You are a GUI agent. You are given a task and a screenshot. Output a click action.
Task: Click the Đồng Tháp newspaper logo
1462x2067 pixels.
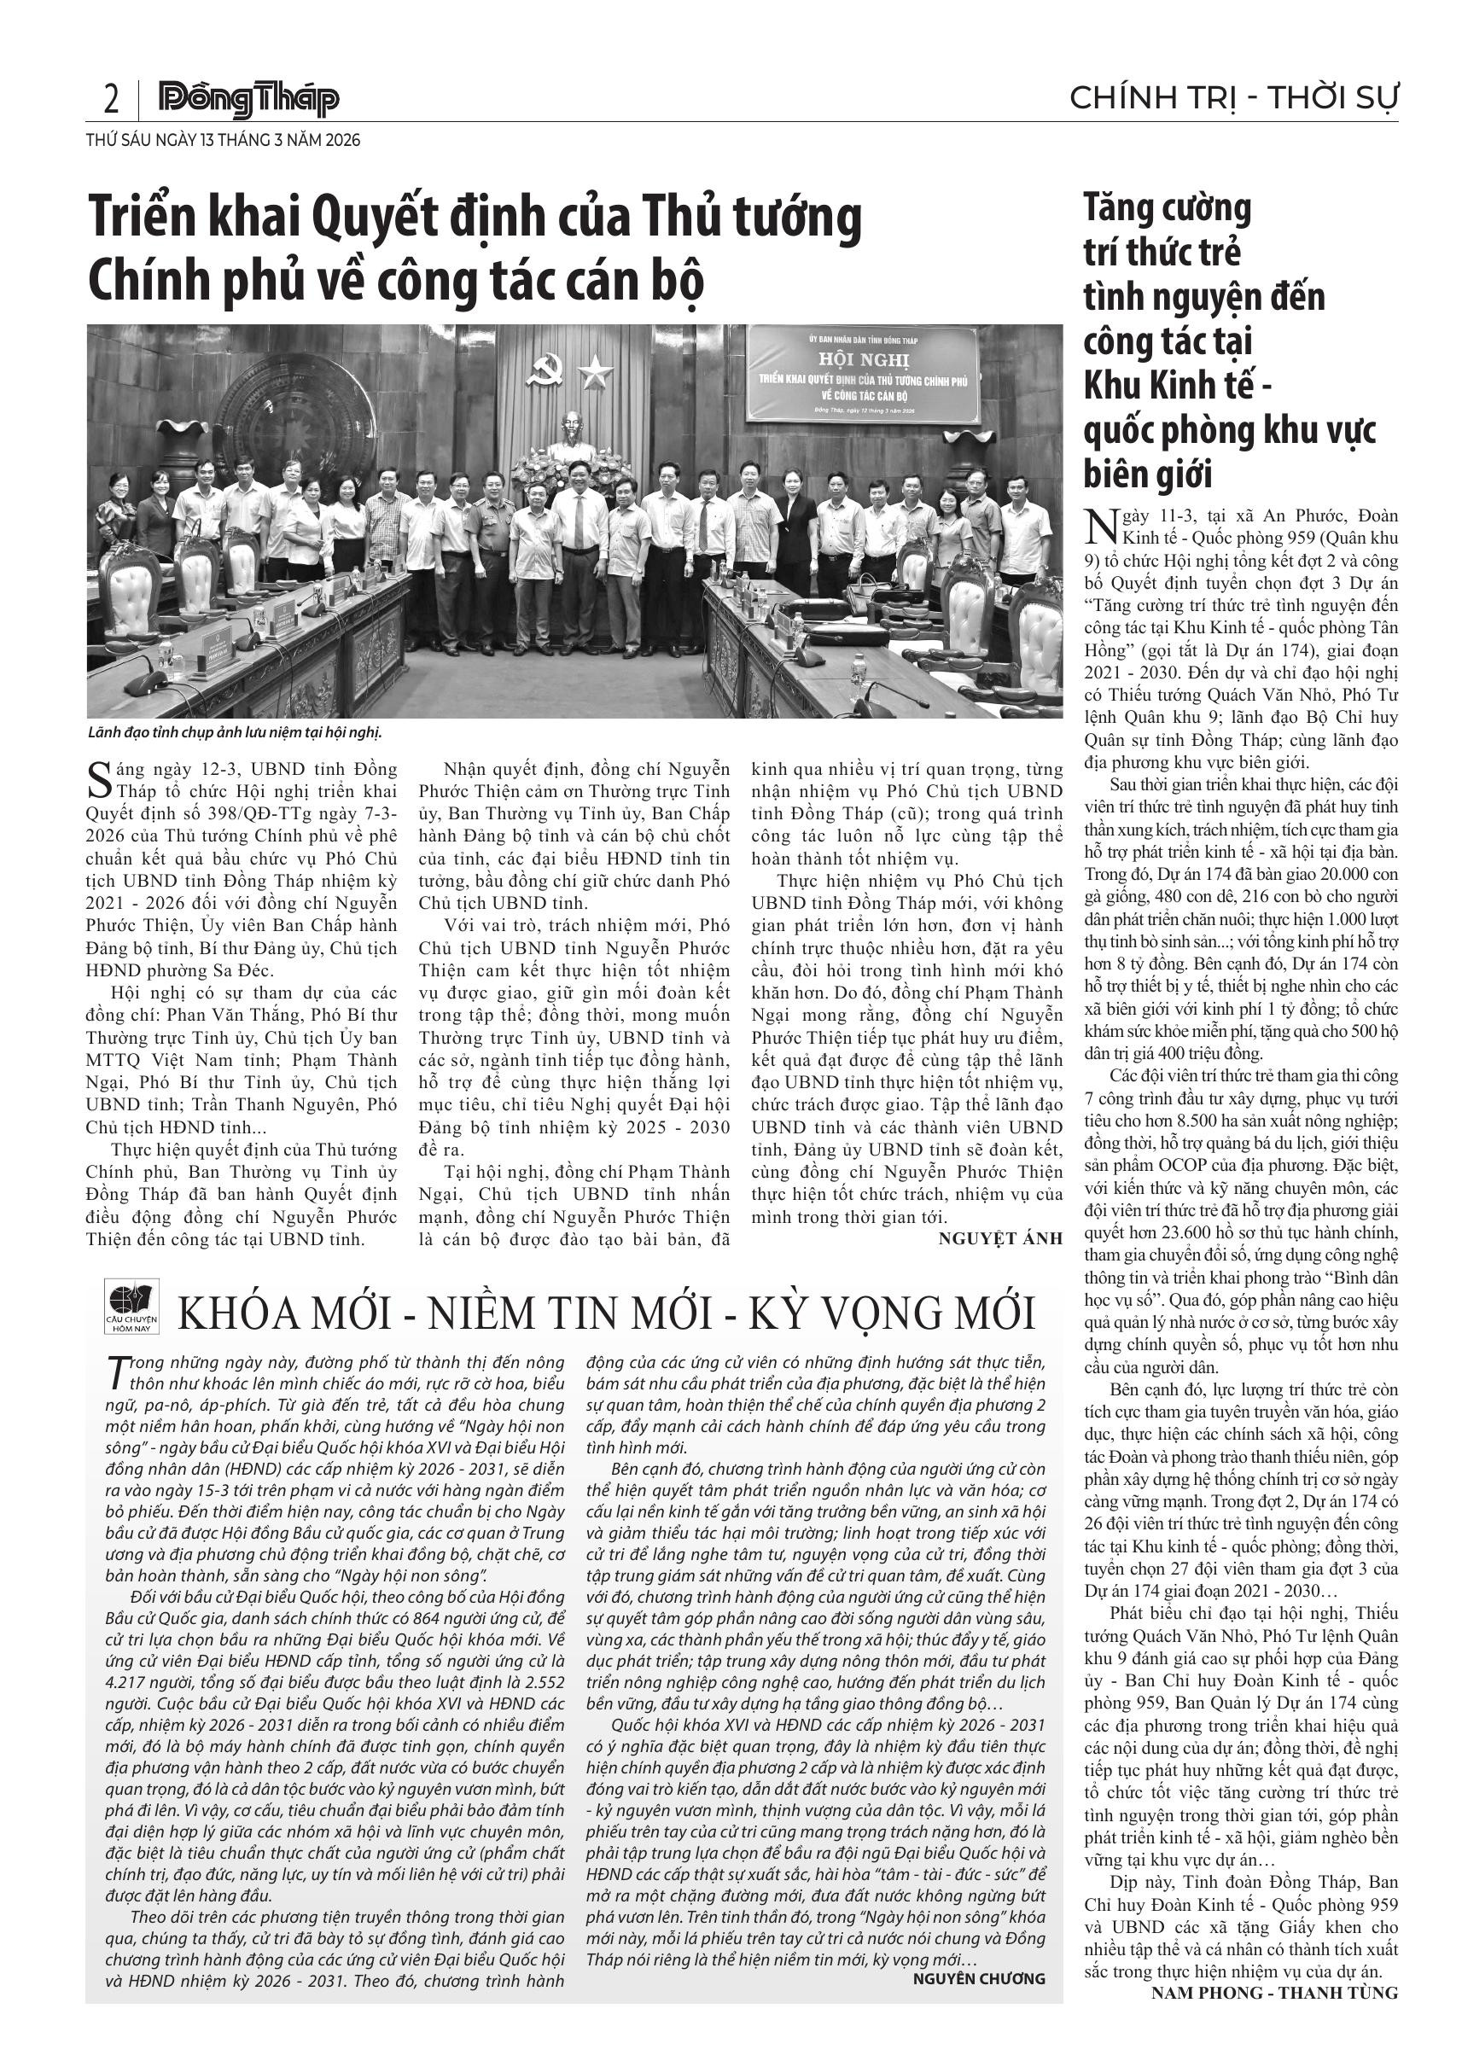tap(248, 99)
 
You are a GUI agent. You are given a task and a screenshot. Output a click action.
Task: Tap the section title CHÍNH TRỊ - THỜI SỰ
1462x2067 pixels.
tap(1234, 97)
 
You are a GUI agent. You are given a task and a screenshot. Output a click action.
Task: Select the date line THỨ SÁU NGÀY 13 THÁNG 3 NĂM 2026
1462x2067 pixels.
tap(224, 141)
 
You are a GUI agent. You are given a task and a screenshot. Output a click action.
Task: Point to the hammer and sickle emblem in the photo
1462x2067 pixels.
tap(543, 368)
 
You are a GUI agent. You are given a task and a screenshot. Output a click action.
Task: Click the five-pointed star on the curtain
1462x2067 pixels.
tap(594, 370)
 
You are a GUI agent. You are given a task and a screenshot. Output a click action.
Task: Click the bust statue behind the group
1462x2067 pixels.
tap(571, 437)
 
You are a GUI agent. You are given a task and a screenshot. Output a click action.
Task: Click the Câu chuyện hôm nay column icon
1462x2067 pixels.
tap(131, 1307)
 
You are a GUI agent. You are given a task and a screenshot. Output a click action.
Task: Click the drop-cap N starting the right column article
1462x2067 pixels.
tap(1098, 527)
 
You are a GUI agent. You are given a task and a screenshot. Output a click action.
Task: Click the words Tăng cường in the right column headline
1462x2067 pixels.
tap(1168, 209)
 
